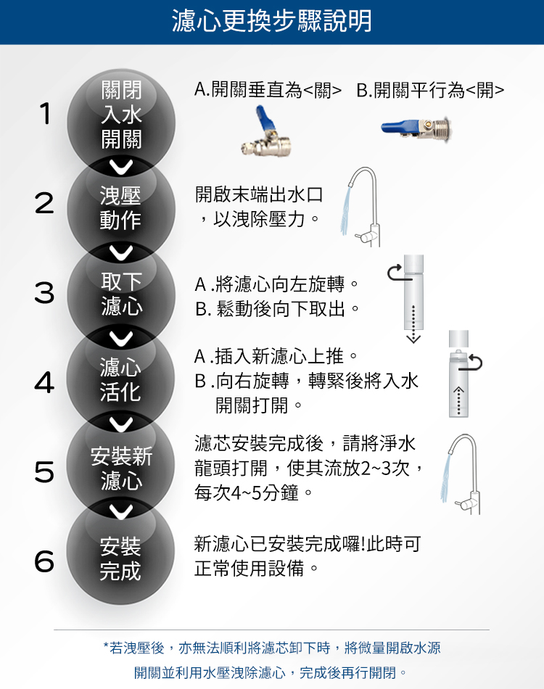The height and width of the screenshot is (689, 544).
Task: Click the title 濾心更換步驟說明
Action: coord(271,20)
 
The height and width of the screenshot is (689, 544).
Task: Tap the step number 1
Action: coord(45,113)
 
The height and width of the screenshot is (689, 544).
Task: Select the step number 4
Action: coord(44,381)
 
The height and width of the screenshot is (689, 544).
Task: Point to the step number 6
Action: coord(44,561)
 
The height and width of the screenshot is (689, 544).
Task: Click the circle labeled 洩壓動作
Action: coord(121,208)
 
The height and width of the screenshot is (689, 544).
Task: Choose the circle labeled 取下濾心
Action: coord(121,294)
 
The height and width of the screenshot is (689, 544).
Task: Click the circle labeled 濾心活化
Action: coord(121,379)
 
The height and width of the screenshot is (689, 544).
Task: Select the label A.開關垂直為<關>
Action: coord(268,91)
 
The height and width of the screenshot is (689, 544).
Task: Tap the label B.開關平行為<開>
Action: coord(430,91)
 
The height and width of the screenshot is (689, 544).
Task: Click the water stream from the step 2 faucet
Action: coord(345,210)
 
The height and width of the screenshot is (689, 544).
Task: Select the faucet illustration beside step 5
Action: coord(461,474)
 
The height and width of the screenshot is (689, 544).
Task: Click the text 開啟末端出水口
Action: coord(259,194)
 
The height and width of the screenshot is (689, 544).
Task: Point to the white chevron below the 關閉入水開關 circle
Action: coord(121,168)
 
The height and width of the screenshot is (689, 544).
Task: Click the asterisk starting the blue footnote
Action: coord(105,646)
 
